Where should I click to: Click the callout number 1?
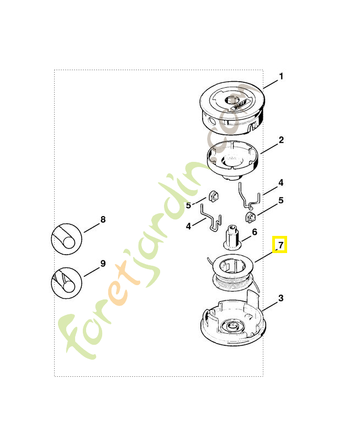click(281, 76)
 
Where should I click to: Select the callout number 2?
click(281, 140)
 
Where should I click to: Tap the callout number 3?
click(281, 298)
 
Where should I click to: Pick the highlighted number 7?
click(280, 245)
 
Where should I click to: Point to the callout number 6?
click(255, 232)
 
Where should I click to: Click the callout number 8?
click(103, 219)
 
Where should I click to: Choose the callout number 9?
click(103, 264)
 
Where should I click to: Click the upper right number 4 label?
click(281, 183)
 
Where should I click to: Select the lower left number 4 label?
click(188, 226)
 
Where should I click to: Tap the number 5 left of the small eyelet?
click(188, 206)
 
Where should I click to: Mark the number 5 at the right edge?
click(281, 201)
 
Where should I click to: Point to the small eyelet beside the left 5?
click(214, 196)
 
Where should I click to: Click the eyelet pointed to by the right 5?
click(250, 217)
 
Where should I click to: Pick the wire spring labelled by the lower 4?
click(211, 218)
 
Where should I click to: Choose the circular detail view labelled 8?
click(66, 239)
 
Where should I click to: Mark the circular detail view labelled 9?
click(66, 283)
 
